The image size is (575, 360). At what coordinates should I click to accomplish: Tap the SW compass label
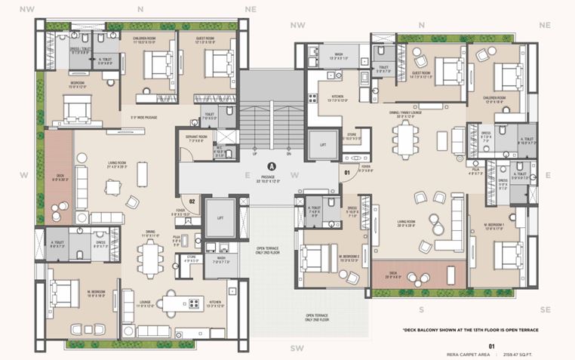coord(297,348)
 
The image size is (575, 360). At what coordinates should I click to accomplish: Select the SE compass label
coord(545,309)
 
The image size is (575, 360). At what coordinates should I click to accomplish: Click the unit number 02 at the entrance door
coord(192,202)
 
